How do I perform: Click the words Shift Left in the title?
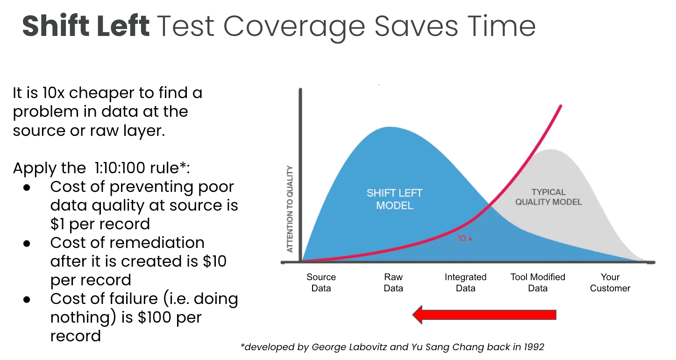86,26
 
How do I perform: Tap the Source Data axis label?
321,282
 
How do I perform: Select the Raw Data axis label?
393,282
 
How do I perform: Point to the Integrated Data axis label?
465,282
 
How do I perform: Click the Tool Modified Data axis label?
538,282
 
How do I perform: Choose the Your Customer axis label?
610,282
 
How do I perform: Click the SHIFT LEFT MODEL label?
395,199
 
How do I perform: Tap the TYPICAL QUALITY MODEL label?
548,197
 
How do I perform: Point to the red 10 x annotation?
465,238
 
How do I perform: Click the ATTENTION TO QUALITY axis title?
290,209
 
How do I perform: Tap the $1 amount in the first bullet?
57,224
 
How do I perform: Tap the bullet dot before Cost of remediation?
27,243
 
